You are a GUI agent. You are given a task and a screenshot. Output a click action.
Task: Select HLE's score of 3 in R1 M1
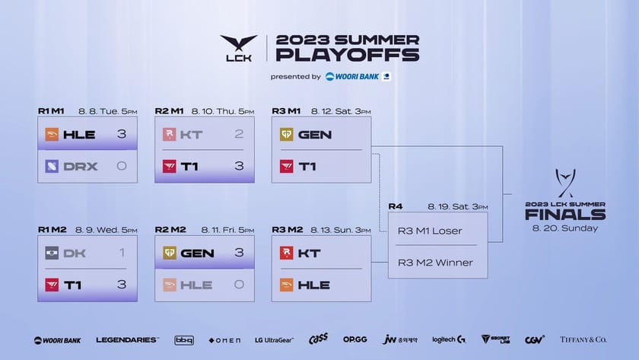120,135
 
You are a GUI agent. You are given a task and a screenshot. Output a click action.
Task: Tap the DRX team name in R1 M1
80,166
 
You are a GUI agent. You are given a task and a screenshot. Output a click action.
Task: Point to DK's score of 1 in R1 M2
121,253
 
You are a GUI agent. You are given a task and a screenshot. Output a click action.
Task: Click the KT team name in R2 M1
192,135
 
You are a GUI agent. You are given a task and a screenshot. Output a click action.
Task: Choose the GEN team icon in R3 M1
286,135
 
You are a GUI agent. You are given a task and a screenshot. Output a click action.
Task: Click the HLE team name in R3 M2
314,285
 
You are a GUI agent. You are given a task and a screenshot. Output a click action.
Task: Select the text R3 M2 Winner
435,263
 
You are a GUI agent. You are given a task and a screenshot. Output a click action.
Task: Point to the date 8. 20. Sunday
564,228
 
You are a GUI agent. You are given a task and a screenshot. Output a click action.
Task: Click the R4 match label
395,206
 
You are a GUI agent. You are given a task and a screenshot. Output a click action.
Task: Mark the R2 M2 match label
169,229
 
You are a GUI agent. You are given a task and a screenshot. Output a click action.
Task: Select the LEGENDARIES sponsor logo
127,339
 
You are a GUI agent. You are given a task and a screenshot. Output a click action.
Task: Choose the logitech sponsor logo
449,339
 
